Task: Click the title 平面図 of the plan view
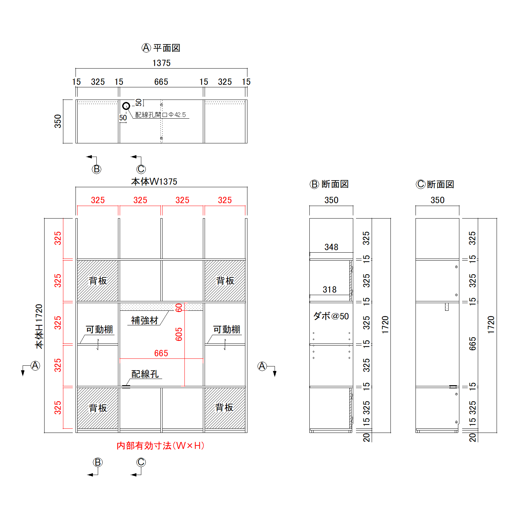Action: click(x=167, y=48)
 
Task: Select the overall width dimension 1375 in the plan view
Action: click(x=161, y=63)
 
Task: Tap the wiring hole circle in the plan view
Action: click(x=126, y=106)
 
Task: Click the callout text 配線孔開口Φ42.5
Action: click(x=160, y=115)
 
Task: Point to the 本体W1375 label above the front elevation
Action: click(x=154, y=181)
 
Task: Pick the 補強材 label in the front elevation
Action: click(x=145, y=320)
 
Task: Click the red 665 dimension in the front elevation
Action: click(x=161, y=353)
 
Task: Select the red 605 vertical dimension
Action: click(x=179, y=334)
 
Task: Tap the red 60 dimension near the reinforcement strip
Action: click(x=179, y=308)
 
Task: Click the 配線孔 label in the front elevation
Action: click(x=145, y=374)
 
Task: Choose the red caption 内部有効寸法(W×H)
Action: click(x=160, y=446)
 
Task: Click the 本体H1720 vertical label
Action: click(x=39, y=326)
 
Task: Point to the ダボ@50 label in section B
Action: click(x=331, y=316)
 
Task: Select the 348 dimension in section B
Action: click(x=331, y=247)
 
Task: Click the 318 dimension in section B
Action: click(x=330, y=290)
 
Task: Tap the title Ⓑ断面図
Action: click(x=329, y=184)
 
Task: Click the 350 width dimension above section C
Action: click(x=437, y=200)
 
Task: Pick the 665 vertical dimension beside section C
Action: click(x=472, y=343)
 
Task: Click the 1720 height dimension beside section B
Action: click(x=385, y=325)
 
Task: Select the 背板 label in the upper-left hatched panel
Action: click(x=98, y=280)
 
